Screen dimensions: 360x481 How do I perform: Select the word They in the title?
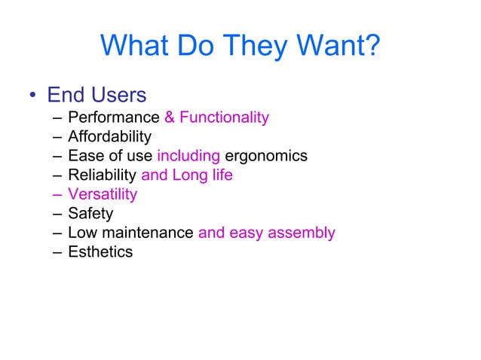pyautogui.click(x=241, y=47)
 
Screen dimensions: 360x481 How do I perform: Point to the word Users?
pyautogui.click(x=117, y=96)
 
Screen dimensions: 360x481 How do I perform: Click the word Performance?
pyautogui.click(x=113, y=117)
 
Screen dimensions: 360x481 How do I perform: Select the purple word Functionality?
pyautogui.click(x=224, y=117)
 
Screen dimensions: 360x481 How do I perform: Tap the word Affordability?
pyautogui.click(x=109, y=137)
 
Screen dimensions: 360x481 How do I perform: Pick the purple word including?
pyautogui.click(x=188, y=156)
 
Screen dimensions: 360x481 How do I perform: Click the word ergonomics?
pyautogui.click(x=266, y=157)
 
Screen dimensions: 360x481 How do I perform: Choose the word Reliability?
pyautogui.click(x=102, y=175)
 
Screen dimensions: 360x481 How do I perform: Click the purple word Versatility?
pyautogui.click(x=103, y=194)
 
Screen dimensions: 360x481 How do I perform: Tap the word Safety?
pyautogui.click(x=90, y=214)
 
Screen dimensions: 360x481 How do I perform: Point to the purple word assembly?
pyautogui.click(x=302, y=233)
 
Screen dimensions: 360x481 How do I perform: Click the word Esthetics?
pyautogui.click(x=100, y=252)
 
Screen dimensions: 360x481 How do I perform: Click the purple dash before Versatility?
pyautogui.click(x=58, y=194)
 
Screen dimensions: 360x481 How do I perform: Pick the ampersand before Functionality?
pyautogui.click(x=170, y=117)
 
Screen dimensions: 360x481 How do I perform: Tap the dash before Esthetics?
pyautogui.click(x=58, y=252)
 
